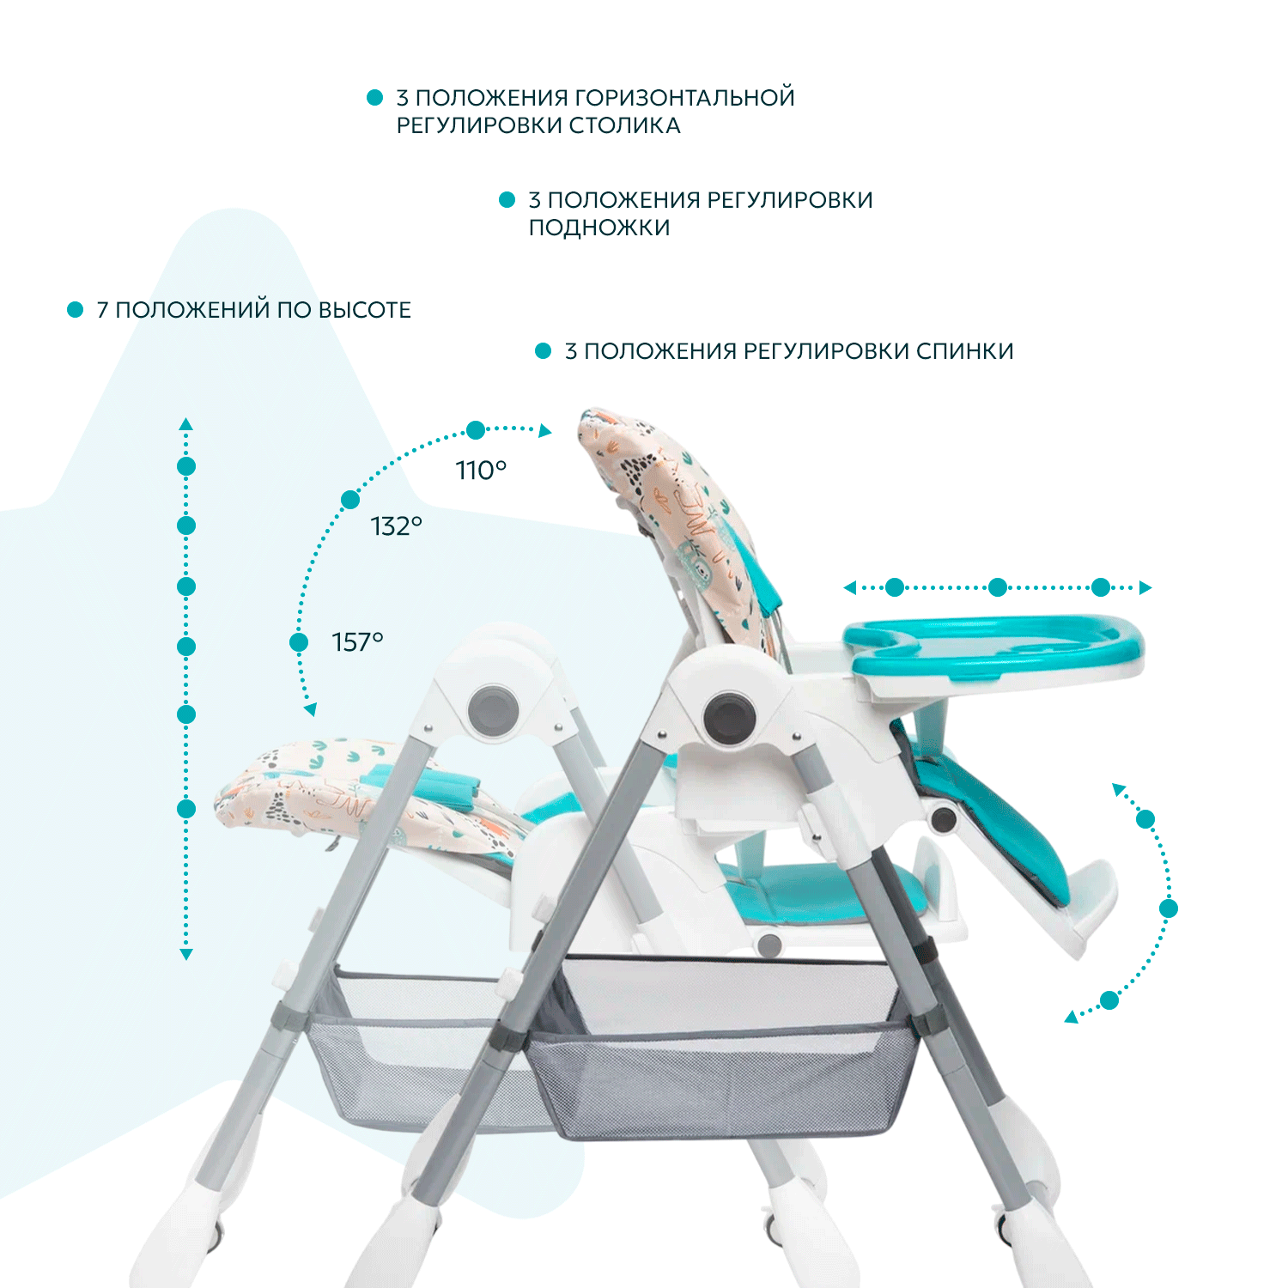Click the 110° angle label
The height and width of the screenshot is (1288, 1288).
481,471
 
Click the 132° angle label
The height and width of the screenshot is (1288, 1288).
396,526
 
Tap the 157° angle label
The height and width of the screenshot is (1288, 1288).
357,642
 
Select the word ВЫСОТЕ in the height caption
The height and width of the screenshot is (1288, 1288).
365,310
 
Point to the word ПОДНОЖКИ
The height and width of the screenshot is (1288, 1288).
599,228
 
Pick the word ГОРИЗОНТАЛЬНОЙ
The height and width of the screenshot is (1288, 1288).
684,98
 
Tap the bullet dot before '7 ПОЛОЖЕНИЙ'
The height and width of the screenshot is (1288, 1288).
76,309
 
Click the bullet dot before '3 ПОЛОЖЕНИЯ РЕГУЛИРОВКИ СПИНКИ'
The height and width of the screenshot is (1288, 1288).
543,350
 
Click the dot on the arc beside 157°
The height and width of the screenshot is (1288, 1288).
299,642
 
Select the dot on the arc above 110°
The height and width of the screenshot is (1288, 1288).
476,429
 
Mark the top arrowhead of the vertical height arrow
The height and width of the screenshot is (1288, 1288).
186,424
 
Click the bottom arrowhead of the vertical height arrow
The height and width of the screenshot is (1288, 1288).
186,954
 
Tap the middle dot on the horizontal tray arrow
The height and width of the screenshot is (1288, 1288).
998,587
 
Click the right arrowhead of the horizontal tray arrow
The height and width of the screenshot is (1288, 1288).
1145,588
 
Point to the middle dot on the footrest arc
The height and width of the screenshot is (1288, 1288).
1168,908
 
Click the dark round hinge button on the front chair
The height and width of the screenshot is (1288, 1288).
730,715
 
